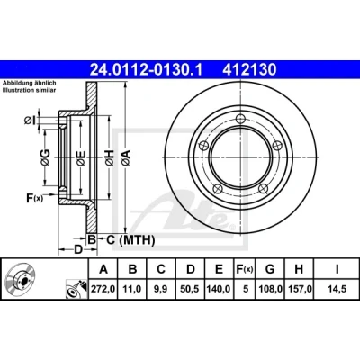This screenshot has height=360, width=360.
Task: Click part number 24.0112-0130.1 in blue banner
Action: pos(147,70)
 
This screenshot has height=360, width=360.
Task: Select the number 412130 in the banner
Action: pos(249,70)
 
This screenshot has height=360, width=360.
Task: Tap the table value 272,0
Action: pos(103,289)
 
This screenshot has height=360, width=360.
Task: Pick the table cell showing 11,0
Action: pos(132,289)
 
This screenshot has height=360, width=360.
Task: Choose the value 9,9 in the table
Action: pos(161,289)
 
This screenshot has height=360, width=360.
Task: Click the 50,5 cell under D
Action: pos(190,289)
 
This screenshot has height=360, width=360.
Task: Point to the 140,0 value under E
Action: pos(219,289)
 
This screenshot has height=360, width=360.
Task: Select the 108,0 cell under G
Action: pos(270,289)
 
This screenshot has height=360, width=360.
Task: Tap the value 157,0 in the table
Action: pos(299,289)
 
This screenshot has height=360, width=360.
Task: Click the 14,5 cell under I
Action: pos(337,289)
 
